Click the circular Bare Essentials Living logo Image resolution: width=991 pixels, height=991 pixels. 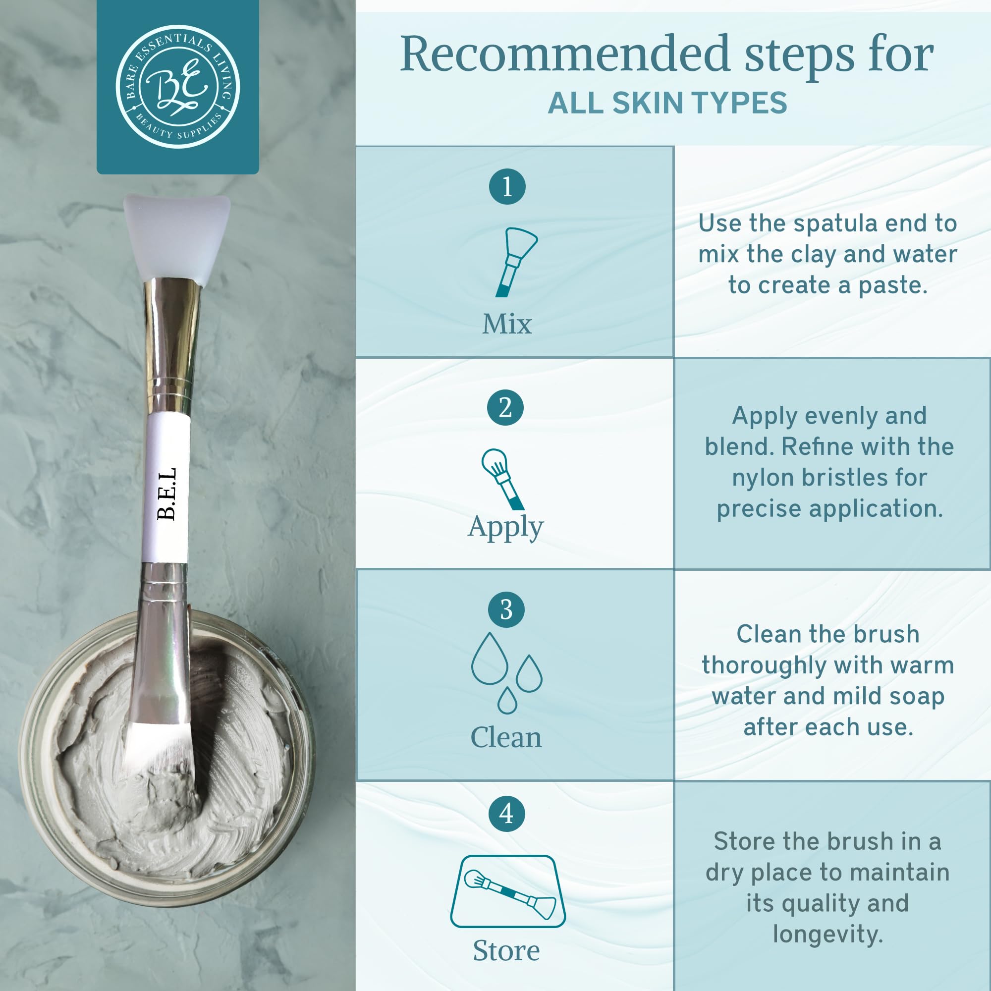(x=177, y=87)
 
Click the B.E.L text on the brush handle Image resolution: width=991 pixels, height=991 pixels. (x=166, y=494)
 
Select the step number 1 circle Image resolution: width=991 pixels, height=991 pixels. (x=507, y=186)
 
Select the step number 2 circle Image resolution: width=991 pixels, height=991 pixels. (x=505, y=408)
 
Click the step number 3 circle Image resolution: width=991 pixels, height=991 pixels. (x=506, y=609)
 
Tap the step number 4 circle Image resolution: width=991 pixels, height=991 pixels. (x=506, y=813)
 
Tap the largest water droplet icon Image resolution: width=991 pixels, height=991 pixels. (x=490, y=659)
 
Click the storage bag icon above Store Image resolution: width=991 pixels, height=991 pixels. (x=508, y=891)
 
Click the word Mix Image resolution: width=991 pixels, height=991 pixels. (x=507, y=324)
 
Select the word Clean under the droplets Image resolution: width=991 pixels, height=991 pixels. (x=506, y=738)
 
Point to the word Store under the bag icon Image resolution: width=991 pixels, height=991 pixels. (x=506, y=950)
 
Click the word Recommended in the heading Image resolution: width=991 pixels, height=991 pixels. (x=565, y=55)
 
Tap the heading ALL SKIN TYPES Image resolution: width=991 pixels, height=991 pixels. (x=667, y=103)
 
